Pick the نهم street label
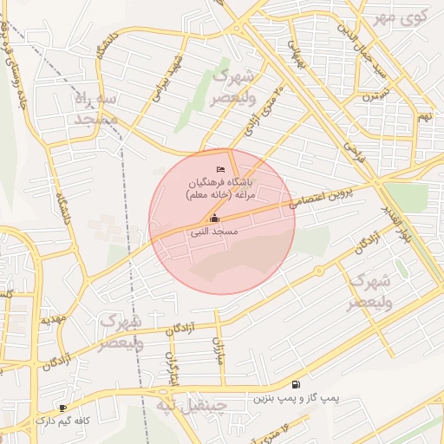coord(424,115)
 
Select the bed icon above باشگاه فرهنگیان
coord(221,167)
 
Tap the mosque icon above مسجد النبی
coord(214,219)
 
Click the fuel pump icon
coord(297,384)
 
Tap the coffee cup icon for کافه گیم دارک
coord(62,408)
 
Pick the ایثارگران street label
coord(173,369)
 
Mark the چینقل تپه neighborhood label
coord(190,405)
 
